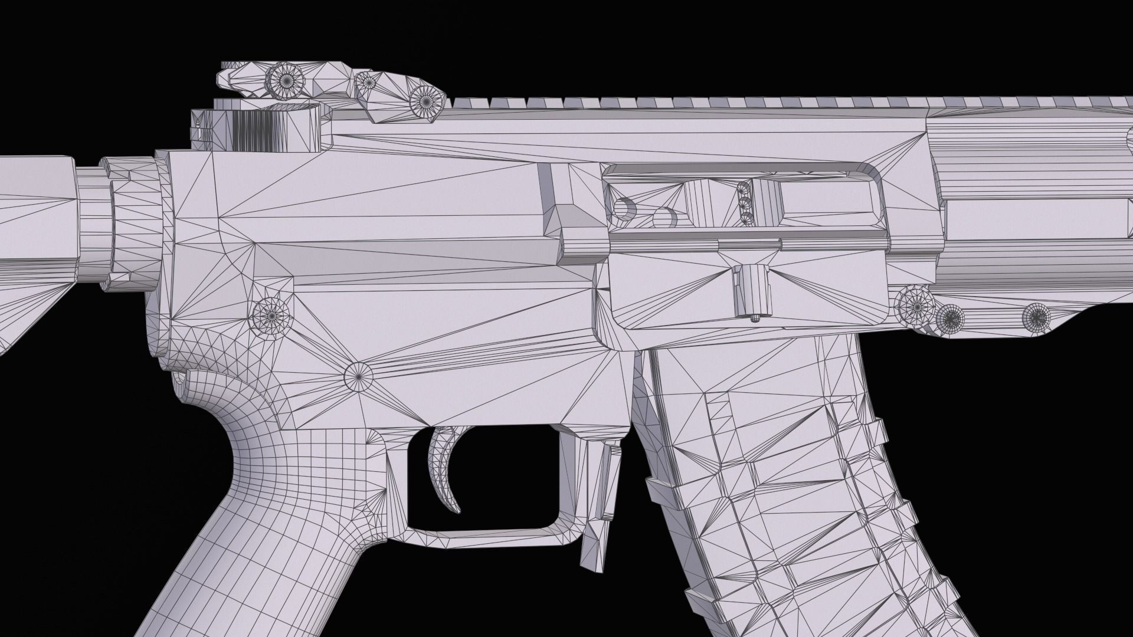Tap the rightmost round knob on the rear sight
(426, 101)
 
